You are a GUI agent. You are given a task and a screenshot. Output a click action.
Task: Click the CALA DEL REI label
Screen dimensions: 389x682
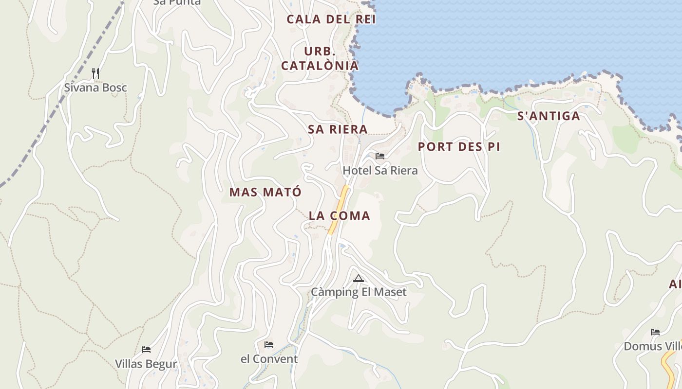click(x=331, y=19)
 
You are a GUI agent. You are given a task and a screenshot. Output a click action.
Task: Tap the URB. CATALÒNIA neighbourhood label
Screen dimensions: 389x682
click(x=320, y=58)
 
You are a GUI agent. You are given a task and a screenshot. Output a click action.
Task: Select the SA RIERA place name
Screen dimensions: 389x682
click(x=338, y=129)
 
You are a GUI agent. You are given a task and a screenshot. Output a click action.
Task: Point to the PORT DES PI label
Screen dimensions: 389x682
click(x=459, y=147)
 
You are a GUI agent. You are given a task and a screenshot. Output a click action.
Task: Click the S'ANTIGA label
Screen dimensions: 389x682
click(x=549, y=116)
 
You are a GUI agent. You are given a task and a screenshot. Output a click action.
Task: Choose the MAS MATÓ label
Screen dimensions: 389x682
click(x=265, y=192)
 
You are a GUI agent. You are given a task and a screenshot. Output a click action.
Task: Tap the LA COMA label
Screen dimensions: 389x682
click(x=340, y=216)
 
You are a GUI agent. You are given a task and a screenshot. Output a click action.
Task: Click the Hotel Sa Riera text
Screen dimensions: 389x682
click(x=380, y=171)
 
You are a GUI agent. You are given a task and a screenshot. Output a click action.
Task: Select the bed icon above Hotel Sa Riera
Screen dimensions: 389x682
click(x=380, y=156)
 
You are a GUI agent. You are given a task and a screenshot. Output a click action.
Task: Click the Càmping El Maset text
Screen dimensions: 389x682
click(x=359, y=292)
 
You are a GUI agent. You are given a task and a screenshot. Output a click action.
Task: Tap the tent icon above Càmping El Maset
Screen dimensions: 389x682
click(x=359, y=279)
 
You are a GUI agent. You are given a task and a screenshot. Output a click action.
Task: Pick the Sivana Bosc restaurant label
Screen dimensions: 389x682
click(x=95, y=88)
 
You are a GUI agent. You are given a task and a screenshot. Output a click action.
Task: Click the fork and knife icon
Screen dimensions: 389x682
click(x=95, y=73)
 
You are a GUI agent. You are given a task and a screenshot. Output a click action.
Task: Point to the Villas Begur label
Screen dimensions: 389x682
click(x=146, y=364)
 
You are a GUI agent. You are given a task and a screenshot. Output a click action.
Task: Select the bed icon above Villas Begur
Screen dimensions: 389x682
click(x=146, y=350)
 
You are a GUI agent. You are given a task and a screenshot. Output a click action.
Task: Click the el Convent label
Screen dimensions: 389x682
click(x=269, y=359)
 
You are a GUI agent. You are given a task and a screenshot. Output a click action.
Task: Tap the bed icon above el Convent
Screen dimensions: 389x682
click(x=269, y=345)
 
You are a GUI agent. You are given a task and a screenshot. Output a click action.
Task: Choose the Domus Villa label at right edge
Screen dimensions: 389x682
click(x=653, y=347)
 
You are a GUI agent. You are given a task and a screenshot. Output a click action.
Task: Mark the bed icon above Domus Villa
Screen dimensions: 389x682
click(x=655, y=332)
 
